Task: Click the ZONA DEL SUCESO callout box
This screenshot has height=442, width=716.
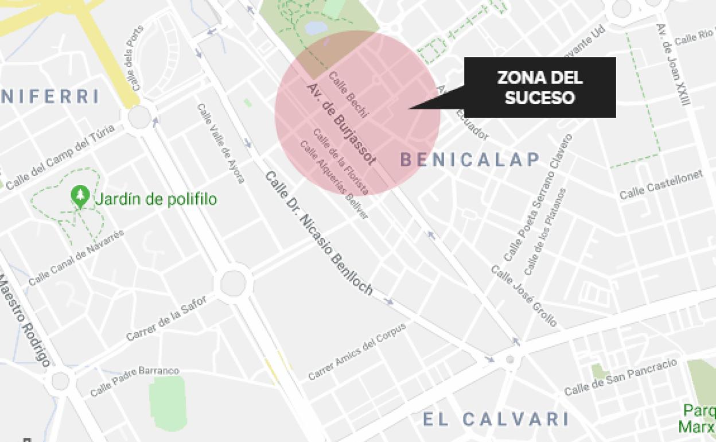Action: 539,87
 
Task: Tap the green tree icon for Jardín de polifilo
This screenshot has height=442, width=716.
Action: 80,196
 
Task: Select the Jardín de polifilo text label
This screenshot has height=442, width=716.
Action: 155,200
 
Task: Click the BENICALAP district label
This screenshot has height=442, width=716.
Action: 470,160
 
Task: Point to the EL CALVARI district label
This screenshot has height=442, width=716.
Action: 496,419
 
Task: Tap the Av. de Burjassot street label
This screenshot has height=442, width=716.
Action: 341,123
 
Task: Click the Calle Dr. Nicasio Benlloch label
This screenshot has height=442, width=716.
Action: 318,233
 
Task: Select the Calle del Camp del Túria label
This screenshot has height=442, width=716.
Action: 60,156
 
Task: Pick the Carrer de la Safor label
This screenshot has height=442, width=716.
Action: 166,317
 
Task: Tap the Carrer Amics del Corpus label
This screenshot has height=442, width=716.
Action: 357,351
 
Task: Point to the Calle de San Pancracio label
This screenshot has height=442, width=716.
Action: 620,377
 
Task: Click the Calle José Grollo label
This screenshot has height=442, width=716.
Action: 524,296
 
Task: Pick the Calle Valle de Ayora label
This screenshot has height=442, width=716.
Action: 220,143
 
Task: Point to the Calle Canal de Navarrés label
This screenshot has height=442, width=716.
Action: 76,258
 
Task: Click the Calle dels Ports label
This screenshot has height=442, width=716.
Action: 134,58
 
